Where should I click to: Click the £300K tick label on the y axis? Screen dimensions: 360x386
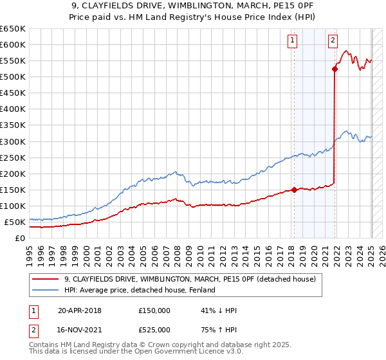pyautogui.click(x=12, y=141)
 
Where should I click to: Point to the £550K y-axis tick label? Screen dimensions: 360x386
pyautogui.click(x=12, y=61)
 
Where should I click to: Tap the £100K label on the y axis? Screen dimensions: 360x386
pyautogui.click(x=12, y=206)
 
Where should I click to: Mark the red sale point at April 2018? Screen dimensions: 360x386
pyautogui.click(x=294, y=190)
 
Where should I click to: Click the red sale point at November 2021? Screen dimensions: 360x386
pyautogui.click(x=335, y=69)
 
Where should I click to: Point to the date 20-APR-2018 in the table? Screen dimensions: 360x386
pyautogui.click(x=80, y=310)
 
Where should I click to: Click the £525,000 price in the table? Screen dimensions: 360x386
pyautogui.click(x=154, y=330)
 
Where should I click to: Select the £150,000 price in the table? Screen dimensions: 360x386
pyautogui.click(x=154, y=310)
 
